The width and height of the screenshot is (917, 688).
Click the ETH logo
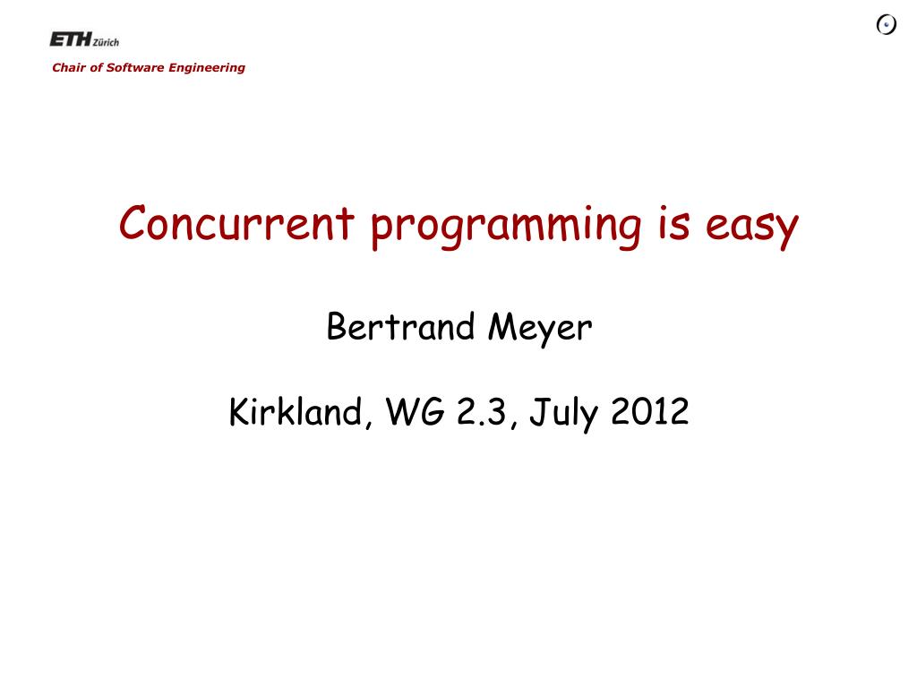(71, 39)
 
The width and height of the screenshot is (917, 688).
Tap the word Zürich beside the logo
(107, 42)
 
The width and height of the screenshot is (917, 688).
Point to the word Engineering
(207, 68)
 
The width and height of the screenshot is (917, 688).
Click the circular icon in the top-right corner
(887, 24)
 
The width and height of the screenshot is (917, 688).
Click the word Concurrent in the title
(236, 223)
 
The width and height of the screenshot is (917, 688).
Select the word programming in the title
(507, 227)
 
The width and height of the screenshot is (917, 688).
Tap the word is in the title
(673, 223)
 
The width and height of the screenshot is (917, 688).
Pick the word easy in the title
(752, 228)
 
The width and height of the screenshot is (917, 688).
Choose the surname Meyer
(540, 329)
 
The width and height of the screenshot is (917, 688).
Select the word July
(564, 413)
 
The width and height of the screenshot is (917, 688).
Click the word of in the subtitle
(96, 67)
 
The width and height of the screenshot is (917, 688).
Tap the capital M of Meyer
(503, 326)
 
